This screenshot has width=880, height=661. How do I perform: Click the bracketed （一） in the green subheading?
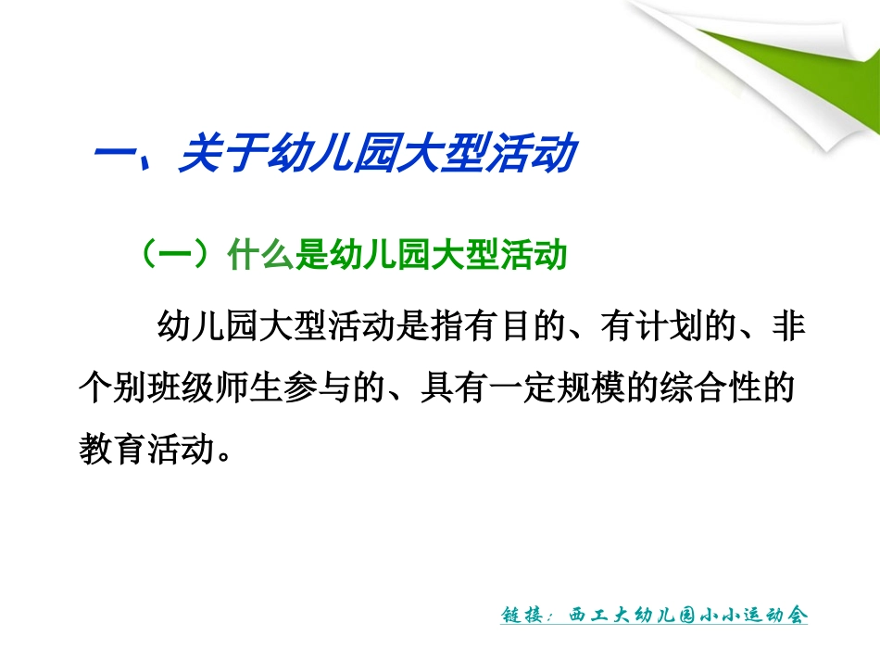click(177, 254)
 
